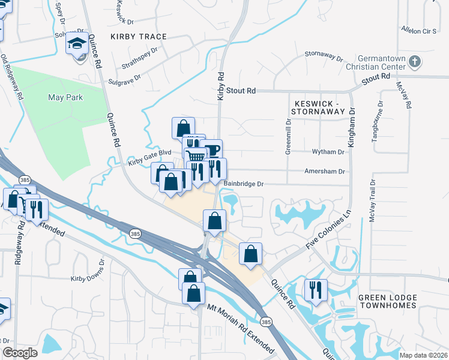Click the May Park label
pos(65,97)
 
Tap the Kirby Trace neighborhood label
pos(139,37)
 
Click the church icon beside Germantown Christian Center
pos(415,61)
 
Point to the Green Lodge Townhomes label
pos(387,301)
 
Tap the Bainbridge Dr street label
pos(243,184)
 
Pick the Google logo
pos(20,353)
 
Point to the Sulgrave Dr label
pos(124,78)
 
